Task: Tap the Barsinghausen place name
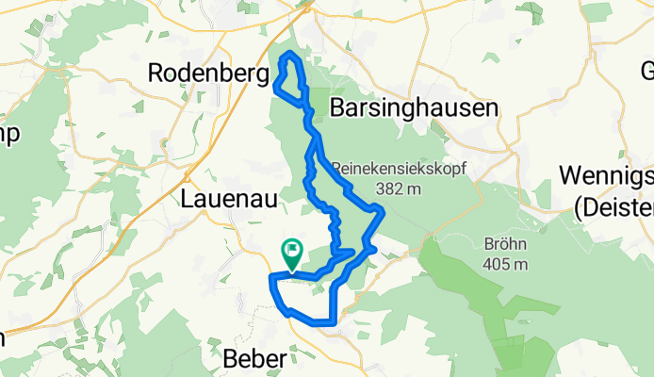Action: pyautogui.click(x=414, y=108)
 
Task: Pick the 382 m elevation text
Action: pyautogui.click(x=400, y=189)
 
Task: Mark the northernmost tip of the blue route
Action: pyautogui.click(x=290, y=55)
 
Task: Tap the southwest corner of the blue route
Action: pyautogui.click(x=272, y=277)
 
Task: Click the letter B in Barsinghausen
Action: pyautogui.click(x=338, y=108)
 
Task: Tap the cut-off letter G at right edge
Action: pyautogui.click(x=647, y=72)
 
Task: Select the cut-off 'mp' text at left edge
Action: pyautogui.click(x=8, y=134)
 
